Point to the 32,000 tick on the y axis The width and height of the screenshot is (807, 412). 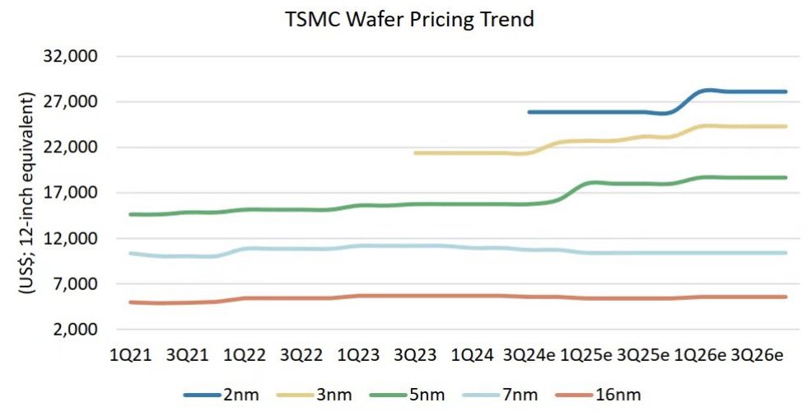(75, 57)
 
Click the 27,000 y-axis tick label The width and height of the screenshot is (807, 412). (75, 102)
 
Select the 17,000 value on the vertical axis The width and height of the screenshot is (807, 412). (75, 193)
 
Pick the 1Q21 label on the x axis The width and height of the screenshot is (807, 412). (129, 355)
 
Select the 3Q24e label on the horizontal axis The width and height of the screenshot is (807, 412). (530, 355)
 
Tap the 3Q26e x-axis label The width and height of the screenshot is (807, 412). (757, 355)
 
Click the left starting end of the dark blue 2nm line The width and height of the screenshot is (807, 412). (529, 112)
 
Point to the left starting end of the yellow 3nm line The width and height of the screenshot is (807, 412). (415, 153)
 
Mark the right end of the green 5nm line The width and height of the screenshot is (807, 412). (786, 177)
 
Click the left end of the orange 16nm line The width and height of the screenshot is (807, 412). (130, 302)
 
